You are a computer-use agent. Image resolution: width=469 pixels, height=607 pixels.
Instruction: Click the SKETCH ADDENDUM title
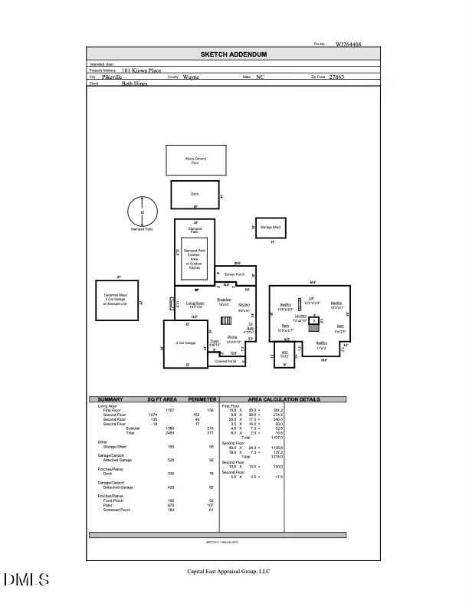pos(233,54)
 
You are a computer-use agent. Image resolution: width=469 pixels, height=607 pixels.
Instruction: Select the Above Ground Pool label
pos(195,160)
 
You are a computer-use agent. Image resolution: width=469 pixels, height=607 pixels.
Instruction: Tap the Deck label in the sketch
pos(195,194)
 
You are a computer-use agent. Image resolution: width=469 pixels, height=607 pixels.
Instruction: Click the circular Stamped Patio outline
pos(142,212)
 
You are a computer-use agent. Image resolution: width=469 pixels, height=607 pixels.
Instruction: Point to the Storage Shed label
pos(271,228)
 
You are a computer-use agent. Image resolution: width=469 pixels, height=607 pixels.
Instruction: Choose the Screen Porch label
pos(234,274)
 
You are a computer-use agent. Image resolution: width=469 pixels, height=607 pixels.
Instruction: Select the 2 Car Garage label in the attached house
pos(186,343)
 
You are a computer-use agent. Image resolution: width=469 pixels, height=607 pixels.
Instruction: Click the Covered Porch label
pos(225,361)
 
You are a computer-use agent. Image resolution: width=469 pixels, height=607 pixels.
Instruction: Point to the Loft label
pos(311,299)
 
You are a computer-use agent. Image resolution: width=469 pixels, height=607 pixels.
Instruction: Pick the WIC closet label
pos(284,355)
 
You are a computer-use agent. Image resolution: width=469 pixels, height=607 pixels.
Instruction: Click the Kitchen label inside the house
pos(244,304)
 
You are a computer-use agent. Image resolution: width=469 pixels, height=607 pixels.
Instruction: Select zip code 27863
pos(336,77)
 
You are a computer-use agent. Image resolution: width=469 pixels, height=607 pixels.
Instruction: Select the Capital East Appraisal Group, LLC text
pos(229,571)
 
